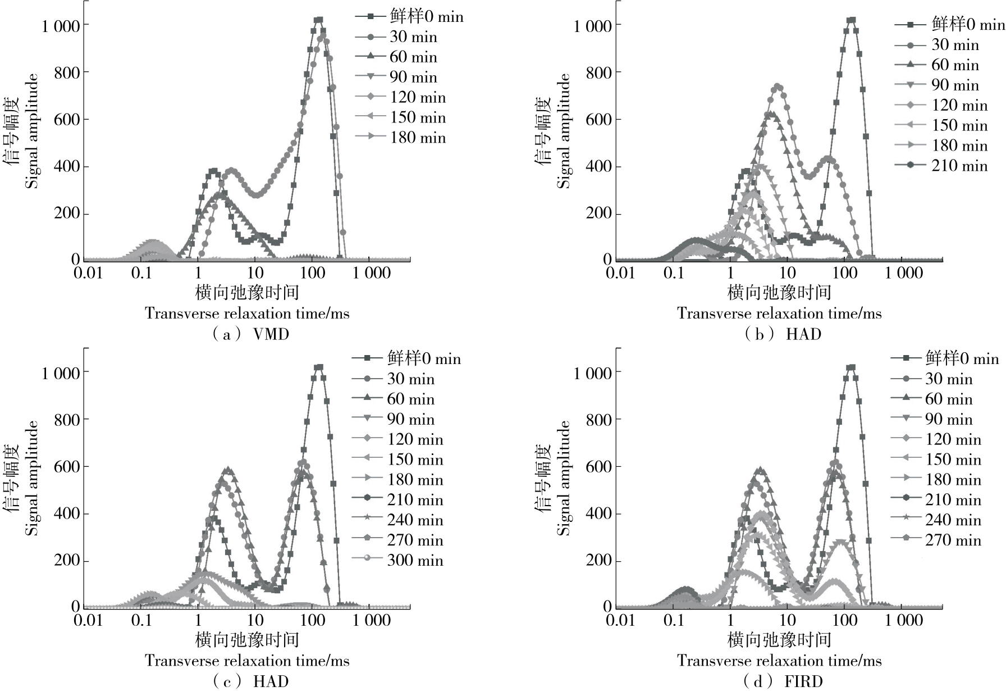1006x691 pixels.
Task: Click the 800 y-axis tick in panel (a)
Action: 67,72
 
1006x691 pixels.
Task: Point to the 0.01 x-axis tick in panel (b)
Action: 620,274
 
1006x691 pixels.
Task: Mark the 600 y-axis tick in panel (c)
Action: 67,467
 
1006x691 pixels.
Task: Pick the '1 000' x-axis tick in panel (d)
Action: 904,621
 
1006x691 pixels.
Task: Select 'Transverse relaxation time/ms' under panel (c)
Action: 247,661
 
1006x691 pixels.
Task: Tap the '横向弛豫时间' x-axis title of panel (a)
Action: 247,293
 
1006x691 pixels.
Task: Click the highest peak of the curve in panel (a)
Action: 318,20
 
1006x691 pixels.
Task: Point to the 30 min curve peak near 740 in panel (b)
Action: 778,87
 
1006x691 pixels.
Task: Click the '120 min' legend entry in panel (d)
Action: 953,440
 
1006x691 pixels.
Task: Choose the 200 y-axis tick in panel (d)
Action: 599,561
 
